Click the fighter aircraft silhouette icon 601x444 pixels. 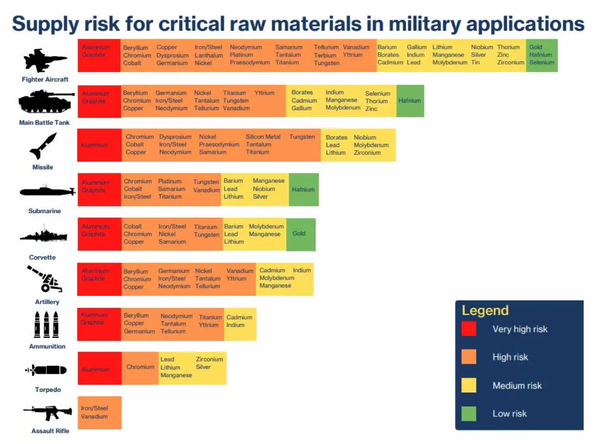pos(45,60)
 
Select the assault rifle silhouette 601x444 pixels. pos(47,412)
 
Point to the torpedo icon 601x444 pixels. pos(47,370)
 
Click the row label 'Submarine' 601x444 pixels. pos(44,211)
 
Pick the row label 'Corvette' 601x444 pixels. pos(42,257)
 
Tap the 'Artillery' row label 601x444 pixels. pos(47,302)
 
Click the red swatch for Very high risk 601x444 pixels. pos(469,329)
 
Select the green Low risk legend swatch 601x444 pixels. pos(469,414)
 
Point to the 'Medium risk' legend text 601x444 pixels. pos(517,386)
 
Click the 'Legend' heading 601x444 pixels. pos(485,310)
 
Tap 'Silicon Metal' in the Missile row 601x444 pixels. pos(263,137)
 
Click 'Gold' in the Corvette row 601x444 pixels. pos(299,233)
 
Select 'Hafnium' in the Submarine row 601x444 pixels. pos(303,189)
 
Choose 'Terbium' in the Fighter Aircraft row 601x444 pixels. pos(325,55)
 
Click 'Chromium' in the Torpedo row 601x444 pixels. pos(140,367)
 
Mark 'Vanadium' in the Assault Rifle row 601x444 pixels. pos(94,417)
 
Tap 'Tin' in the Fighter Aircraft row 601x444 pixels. pos(475,63)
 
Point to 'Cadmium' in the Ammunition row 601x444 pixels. pos(239,317)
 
